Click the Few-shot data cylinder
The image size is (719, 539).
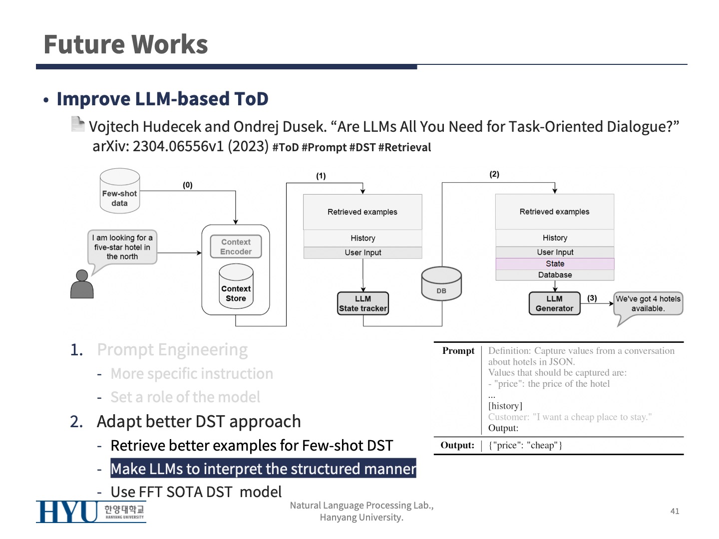coord(119,192)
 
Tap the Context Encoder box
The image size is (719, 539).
coord(236,247)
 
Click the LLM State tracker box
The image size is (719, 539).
coord(363,303)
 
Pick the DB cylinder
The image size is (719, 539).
coord(441,284)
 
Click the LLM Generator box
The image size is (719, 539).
coord(554,303)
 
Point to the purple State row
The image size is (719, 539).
coord(555,264)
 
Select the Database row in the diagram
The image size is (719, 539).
coord(555,275)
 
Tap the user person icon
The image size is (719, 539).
coord(82,284)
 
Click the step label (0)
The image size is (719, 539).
coord(187,185)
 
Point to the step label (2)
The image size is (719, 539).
coord(494,174)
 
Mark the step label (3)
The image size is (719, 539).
coord(592,298)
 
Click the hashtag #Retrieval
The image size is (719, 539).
coord(404,148)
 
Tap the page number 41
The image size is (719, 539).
coord(675,511)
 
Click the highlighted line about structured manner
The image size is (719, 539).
coord(263,469)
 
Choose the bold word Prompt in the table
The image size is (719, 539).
coord(458,351)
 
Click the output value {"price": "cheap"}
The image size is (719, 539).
coord(525,445)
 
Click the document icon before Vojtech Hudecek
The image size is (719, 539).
coord(77,124)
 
